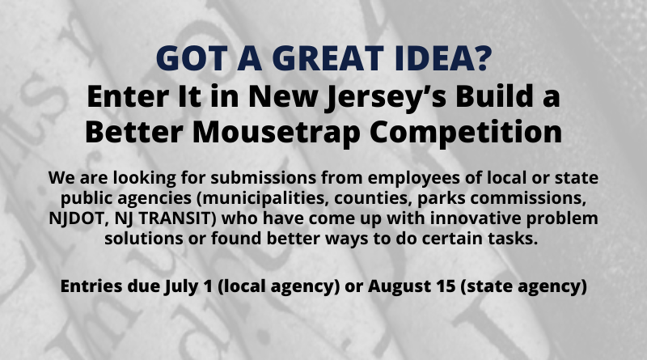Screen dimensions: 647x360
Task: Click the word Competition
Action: tap(466, 132)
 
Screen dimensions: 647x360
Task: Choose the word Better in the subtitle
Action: tap(134, 132)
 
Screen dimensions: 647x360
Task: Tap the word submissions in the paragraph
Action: tap(264, 177)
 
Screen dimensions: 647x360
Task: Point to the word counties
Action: tap(374, 198)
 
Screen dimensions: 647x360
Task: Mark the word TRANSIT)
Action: tap(177, 218)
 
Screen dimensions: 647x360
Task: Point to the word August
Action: tap(406, 287)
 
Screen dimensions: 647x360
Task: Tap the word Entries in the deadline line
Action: tap(91, 286)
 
